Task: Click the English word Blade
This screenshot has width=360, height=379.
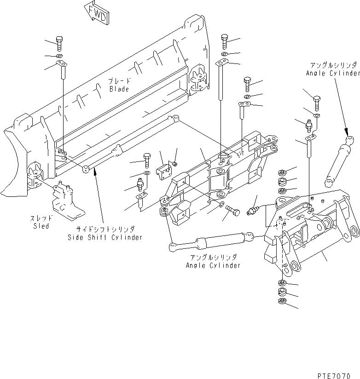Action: [x=119, y=89]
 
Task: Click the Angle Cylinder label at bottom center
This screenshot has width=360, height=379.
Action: [x=213, y=265]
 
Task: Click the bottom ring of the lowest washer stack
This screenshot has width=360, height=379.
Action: [x=281, y=302]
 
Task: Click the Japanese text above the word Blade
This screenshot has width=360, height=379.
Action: [x=119, y=80]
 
